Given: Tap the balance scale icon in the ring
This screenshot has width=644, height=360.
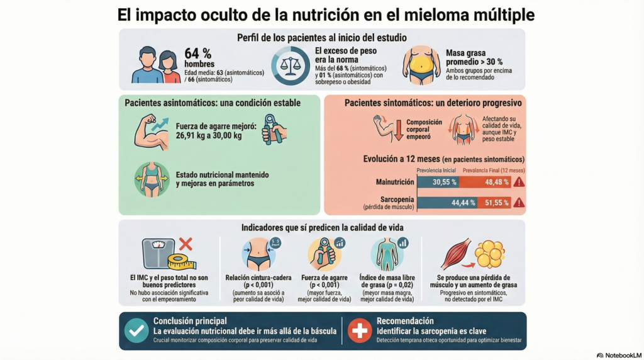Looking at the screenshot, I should coord(290,66).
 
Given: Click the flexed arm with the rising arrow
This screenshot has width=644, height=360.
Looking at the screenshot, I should coord(152,132).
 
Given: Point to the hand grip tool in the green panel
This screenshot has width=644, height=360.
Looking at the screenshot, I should coord(273,130).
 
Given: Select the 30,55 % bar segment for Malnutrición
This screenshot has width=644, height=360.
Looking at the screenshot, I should coord(438,182).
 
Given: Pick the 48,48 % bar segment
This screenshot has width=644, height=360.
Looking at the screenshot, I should coord(485,182).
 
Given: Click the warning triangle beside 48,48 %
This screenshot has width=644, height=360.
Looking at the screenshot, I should coord(519,182).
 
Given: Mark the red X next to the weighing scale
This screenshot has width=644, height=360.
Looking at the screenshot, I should coord(185,244).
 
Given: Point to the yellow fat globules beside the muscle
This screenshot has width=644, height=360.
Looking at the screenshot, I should coord(490,254).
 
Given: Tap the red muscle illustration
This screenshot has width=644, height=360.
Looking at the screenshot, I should coord(456,254).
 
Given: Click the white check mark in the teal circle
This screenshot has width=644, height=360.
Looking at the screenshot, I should coord(136,330).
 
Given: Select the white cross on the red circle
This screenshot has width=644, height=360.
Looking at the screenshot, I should coord(360,330).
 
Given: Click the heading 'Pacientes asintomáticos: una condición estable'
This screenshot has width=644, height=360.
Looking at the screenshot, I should coord(213,103).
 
